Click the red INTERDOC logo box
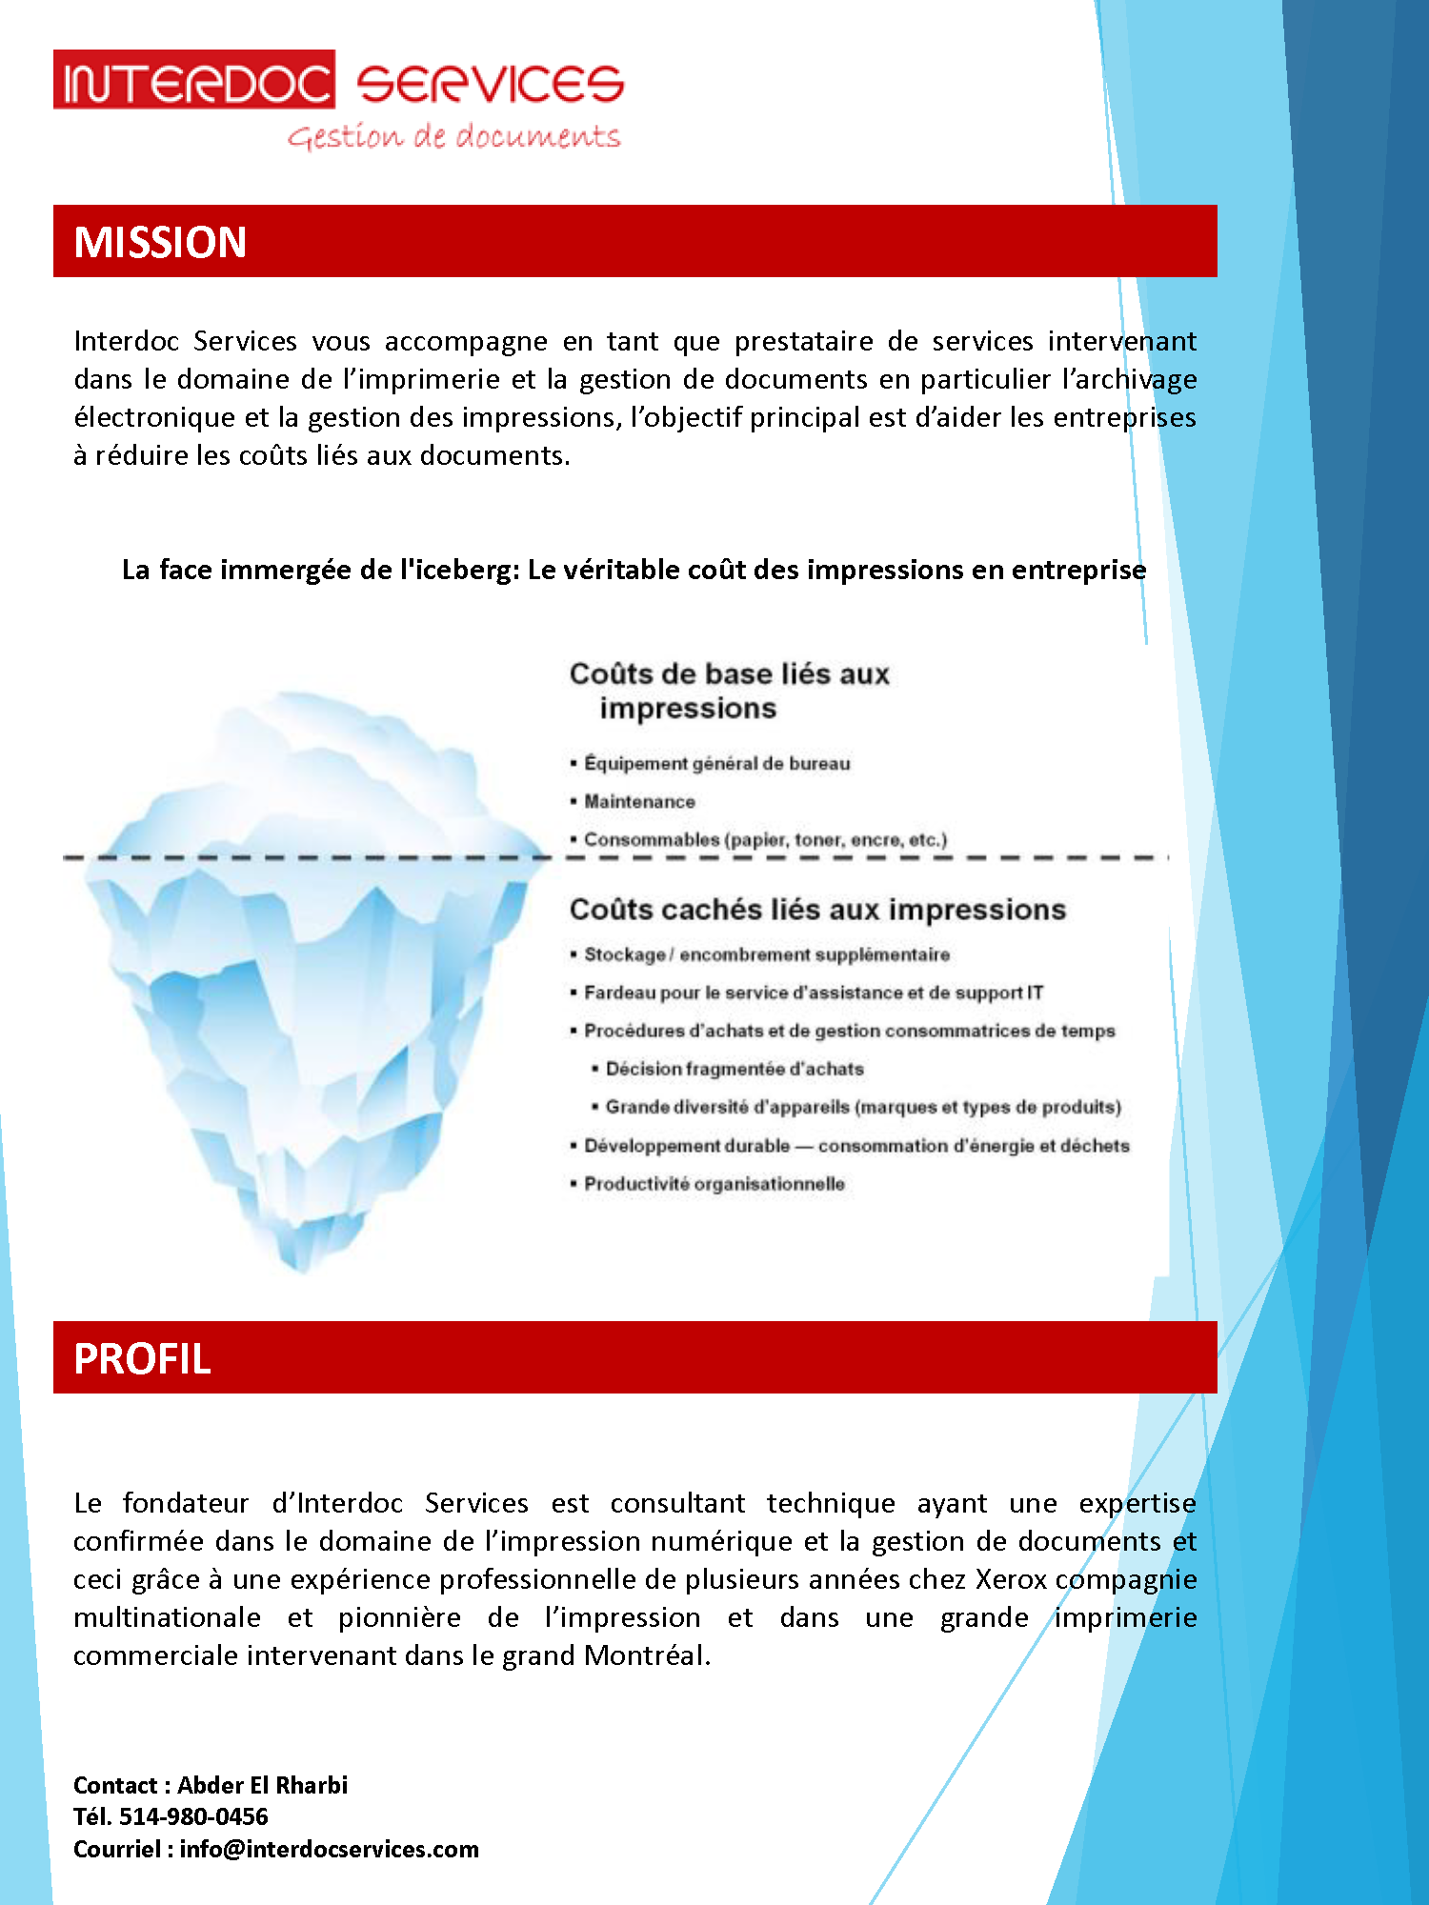(193, 80)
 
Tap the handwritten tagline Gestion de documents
(454, 136)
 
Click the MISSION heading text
(160, 242)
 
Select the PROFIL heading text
(142, 1358)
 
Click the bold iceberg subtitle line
(634, 570)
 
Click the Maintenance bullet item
(639, 802)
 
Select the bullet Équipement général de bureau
(716, 764)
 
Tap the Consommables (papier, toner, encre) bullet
(765, 840)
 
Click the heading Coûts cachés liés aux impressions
(817, 910)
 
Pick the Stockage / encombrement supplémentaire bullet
(766, 954)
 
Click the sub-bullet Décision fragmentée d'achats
(735, 1069)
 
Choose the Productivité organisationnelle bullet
(714, 1184)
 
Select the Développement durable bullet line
(856, 1146)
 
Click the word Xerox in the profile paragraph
(1011, 1579)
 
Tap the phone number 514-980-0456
(193, 1816)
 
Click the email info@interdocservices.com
(329, 1849)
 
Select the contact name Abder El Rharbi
(262, 1785)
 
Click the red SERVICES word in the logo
(490, 84)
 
